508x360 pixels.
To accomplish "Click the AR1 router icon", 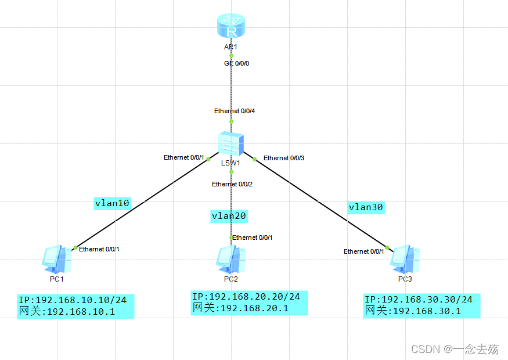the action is [x=231, y=26].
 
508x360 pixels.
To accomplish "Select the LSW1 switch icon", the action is [x=231, y=144].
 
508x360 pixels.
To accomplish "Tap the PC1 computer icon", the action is [x=57, y=259].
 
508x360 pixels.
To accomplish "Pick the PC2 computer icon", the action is [x=231, y=259].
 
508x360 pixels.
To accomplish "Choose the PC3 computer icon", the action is [x=405, y=259].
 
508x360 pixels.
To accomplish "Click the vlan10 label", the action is [x=112, y=203].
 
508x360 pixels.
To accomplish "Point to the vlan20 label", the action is [x=229, y=216].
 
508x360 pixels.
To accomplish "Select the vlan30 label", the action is [x=366, y=207].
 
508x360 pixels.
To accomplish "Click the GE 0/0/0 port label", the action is [x=236, y=63].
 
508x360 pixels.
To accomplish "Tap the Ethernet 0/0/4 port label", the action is [x=235, y=111].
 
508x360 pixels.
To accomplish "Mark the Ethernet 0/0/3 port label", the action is [x=284, y=158].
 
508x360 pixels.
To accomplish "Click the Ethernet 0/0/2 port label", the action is [x=232, y=185].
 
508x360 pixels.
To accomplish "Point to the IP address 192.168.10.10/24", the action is [x=81, y=300].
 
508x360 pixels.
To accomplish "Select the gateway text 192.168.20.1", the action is [x=254, y=308].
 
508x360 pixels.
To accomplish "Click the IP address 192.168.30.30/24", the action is [x=427, y=300].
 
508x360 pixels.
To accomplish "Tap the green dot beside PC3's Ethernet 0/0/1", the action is [x=387, y=247].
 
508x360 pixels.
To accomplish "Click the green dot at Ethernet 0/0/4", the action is [x=231, y=122].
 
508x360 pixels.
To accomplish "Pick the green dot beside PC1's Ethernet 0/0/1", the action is [x=75, y=248].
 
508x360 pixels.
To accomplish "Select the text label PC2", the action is [x=231, y=279].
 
